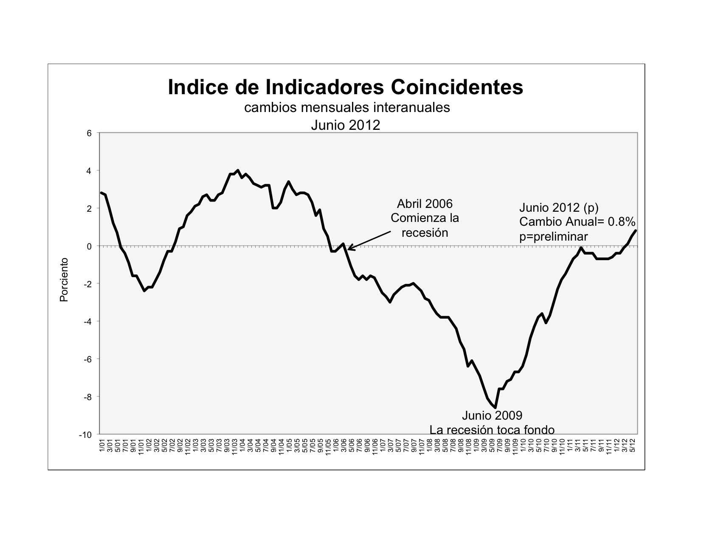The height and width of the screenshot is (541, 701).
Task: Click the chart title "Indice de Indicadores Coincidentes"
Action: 345,87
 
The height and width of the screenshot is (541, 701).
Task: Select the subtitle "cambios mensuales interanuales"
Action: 347,107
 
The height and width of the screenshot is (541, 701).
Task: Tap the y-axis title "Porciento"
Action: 64,280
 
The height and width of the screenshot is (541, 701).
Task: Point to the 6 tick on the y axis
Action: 89,133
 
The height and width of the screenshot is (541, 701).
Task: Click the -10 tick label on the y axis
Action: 85,434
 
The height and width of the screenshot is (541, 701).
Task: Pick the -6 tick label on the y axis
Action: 87,359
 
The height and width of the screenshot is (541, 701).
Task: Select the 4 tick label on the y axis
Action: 89,171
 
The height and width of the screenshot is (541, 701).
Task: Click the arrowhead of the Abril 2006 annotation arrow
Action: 349,249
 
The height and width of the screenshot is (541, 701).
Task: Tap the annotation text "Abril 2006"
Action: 425,204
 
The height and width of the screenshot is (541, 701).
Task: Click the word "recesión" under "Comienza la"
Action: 425,233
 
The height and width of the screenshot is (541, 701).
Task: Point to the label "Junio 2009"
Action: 492,415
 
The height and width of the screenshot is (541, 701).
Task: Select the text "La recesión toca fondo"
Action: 492,430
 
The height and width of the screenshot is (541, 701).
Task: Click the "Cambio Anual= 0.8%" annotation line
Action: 577,222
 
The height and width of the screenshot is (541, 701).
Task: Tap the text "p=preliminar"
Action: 554,237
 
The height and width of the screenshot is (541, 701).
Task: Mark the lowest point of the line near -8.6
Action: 495,408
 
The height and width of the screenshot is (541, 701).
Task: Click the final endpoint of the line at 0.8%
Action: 636,230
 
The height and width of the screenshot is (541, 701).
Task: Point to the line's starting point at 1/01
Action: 101,193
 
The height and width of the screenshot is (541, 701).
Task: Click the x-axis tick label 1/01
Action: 102,445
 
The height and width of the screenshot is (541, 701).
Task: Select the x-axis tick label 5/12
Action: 632,445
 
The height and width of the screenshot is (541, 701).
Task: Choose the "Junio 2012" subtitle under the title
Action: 346,125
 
